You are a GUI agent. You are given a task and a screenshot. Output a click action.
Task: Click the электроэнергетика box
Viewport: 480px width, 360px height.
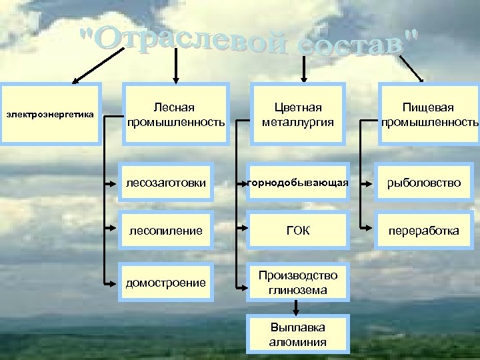tap(51, 113)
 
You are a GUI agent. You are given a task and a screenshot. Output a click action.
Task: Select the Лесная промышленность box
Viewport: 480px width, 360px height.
tap(175, 113)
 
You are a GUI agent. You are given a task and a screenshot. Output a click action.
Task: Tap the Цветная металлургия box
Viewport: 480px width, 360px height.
tap(298, 113)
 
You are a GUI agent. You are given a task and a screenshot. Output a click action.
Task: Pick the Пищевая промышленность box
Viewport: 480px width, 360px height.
tap(429, 113)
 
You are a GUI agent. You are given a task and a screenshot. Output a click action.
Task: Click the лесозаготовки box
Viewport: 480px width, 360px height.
tap(175, 182)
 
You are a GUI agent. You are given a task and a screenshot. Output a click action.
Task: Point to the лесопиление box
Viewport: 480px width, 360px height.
tap(175, 231)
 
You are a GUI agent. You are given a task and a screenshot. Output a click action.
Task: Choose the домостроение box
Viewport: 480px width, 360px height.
tap(175, 282)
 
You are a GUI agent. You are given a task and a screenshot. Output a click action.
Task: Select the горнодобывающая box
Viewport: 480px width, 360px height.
tap(298, 182)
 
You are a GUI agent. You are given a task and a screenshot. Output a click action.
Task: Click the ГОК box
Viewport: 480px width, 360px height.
tap(298, 231)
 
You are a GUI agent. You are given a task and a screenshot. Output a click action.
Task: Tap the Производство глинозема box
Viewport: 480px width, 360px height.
tap(298, 282)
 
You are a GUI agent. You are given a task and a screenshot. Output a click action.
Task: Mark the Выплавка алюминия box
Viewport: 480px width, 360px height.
tap(298, 335)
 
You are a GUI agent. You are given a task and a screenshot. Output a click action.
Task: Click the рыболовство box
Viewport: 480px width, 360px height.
tap(429, 182)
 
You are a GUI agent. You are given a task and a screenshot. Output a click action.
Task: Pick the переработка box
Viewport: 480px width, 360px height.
tap(429, 231)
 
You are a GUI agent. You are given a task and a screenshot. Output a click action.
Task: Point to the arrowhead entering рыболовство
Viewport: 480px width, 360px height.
tap(366, 182)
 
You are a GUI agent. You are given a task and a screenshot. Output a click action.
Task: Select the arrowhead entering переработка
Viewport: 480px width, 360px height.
tap(366, 231)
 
